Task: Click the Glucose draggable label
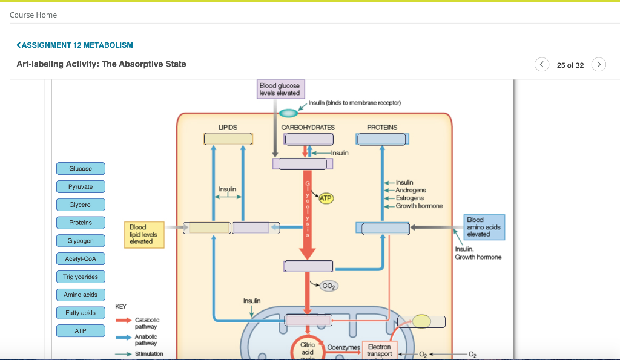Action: (x=81, y=168)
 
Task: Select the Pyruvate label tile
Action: (x=81, y=186)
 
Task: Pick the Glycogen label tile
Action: (x=81, y=241)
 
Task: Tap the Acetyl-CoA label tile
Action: (x=81, y=259)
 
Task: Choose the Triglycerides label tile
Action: (x=81, y=277)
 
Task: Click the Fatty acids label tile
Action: (x=81, y=313)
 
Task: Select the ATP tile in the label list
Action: (x=81, y=331)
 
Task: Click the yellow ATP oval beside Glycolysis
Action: (x=326, y=198)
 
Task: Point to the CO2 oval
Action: (x=329, y=286)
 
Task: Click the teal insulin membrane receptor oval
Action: (x=289, y=113)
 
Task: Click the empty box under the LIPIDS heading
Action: (x=228, y=139)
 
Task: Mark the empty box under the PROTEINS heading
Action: (x=382, y=139)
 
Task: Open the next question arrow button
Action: (x=598, y=64)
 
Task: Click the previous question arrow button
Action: (x=542, y=64)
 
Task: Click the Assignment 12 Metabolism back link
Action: (x=75, y=45)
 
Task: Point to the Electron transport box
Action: (x=380, y=350)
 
